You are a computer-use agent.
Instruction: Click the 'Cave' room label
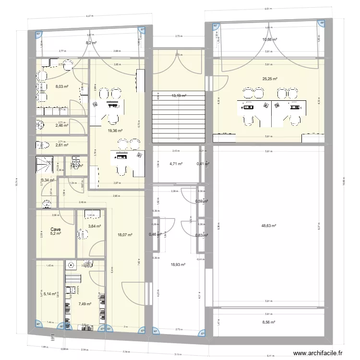pyautogui.click(x=56, y=229)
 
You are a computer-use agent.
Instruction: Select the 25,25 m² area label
pyautogui.click(x=269, y=79)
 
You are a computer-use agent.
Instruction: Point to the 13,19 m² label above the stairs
pyautogui.click(x=179, y=96)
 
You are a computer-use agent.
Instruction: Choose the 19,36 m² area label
pyautogui.click(x=115, y=130)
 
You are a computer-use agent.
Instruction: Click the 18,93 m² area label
pyautogui.click(x=178, y=264)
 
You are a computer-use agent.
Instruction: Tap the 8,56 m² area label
pyautogui.click(x=269, y=323)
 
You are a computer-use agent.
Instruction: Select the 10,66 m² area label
pyautogui.click(x=269, y=39)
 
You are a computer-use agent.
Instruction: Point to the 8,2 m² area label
pyautogui.click(x=91, y=43)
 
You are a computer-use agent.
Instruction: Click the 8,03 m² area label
pyautogui.click(x=61, y=87)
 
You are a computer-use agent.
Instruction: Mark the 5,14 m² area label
pyautogui.click(x=50, y=292)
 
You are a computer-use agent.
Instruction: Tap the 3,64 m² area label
pyautogui.click(x=94, y=226)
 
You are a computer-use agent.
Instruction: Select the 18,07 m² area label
pyautogui.click(x=125, y=235)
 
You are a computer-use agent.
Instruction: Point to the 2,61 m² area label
pyautogui.click(x=61, y=144)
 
